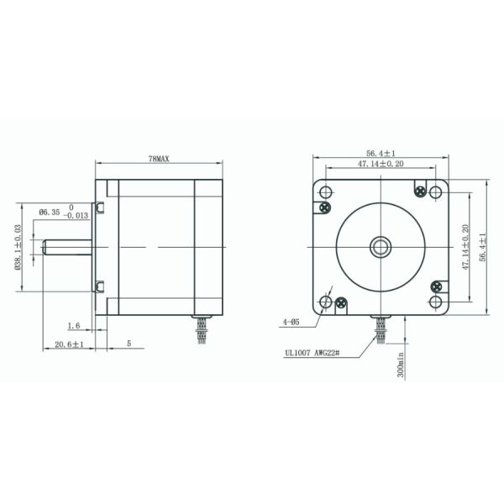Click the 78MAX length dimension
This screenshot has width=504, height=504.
click(x=159, y=159)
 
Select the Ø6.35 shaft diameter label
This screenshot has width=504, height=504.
click(x=50, y=213)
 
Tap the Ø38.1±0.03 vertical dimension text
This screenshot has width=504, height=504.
click(x=18, y=247)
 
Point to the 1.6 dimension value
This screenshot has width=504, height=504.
click(x=74, y=326)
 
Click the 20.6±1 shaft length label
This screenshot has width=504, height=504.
click(x=69, y=344)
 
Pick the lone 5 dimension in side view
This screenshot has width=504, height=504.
click(x=129, y=344)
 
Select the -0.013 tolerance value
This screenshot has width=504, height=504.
click(x=76, y=216)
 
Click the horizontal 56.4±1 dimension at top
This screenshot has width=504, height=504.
click(x=381, y=154)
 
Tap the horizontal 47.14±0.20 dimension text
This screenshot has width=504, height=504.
click(x=381, y=164)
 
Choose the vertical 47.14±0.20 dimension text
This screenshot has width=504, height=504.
click(x=465, y=247)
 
